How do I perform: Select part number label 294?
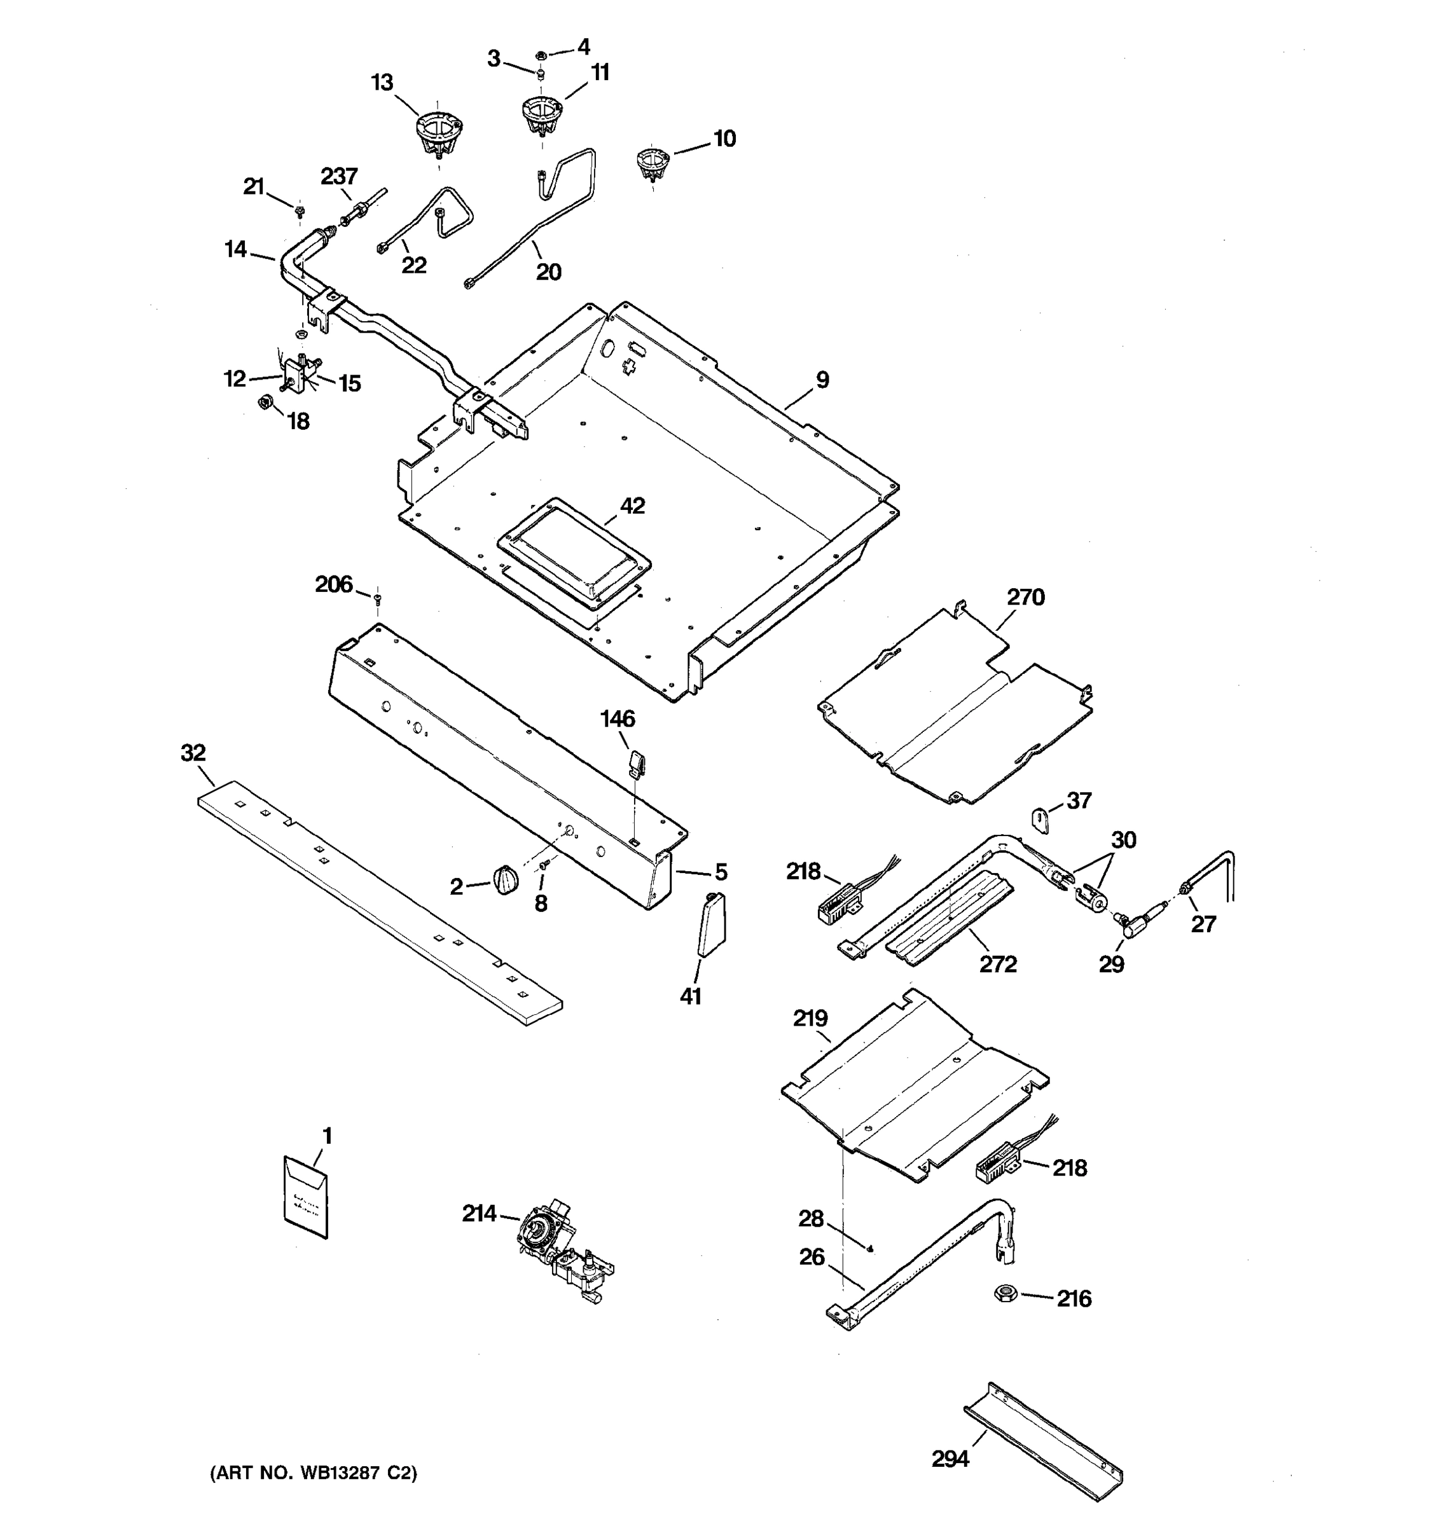click(x=950, y=1459)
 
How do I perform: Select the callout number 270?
click(x=1026, y=596)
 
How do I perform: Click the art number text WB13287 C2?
click(x=313, y=1472)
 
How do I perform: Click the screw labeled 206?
click(x=377, y=598)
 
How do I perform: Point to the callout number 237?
click(x=338, y=177)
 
